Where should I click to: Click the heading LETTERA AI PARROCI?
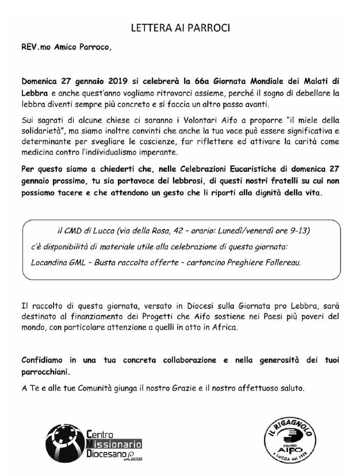pos(180,28)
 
